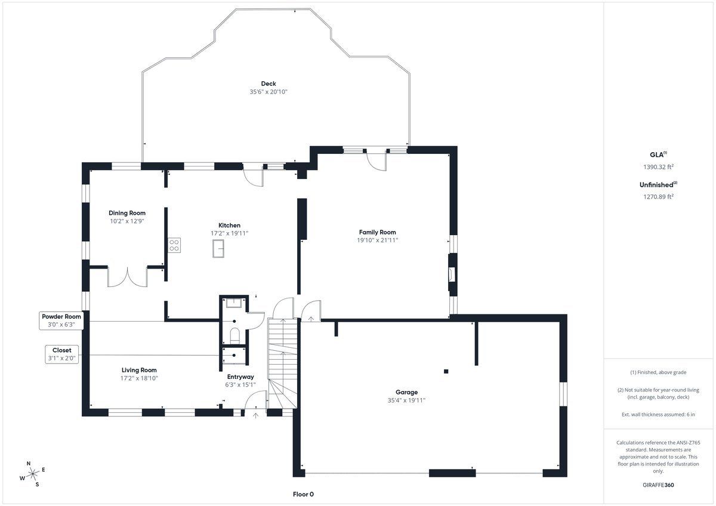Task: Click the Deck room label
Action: coord(268,84)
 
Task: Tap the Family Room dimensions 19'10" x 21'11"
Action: coord(377,240)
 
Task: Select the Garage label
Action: coord(406,392)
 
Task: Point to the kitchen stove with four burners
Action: coord(174,245)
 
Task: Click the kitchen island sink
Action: coord(218,248)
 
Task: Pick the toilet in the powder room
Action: coord(235,335)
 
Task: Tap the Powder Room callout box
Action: coord(61,320)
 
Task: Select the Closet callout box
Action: coord(61,354)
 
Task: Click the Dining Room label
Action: coord(127,213)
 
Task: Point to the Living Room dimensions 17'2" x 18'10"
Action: coord(139,378)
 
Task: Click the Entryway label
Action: coord(240,377)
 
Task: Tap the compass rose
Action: coord(32,474)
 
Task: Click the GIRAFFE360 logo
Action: coord(658,485)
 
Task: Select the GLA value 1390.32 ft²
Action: coord(658,166)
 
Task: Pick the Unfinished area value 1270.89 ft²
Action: coord(658,196)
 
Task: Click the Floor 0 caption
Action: coord(303,494)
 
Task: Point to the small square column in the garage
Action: coord(446,371)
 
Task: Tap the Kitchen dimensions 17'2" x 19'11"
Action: coord(229,233)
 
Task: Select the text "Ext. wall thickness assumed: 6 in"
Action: coord(658,414)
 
